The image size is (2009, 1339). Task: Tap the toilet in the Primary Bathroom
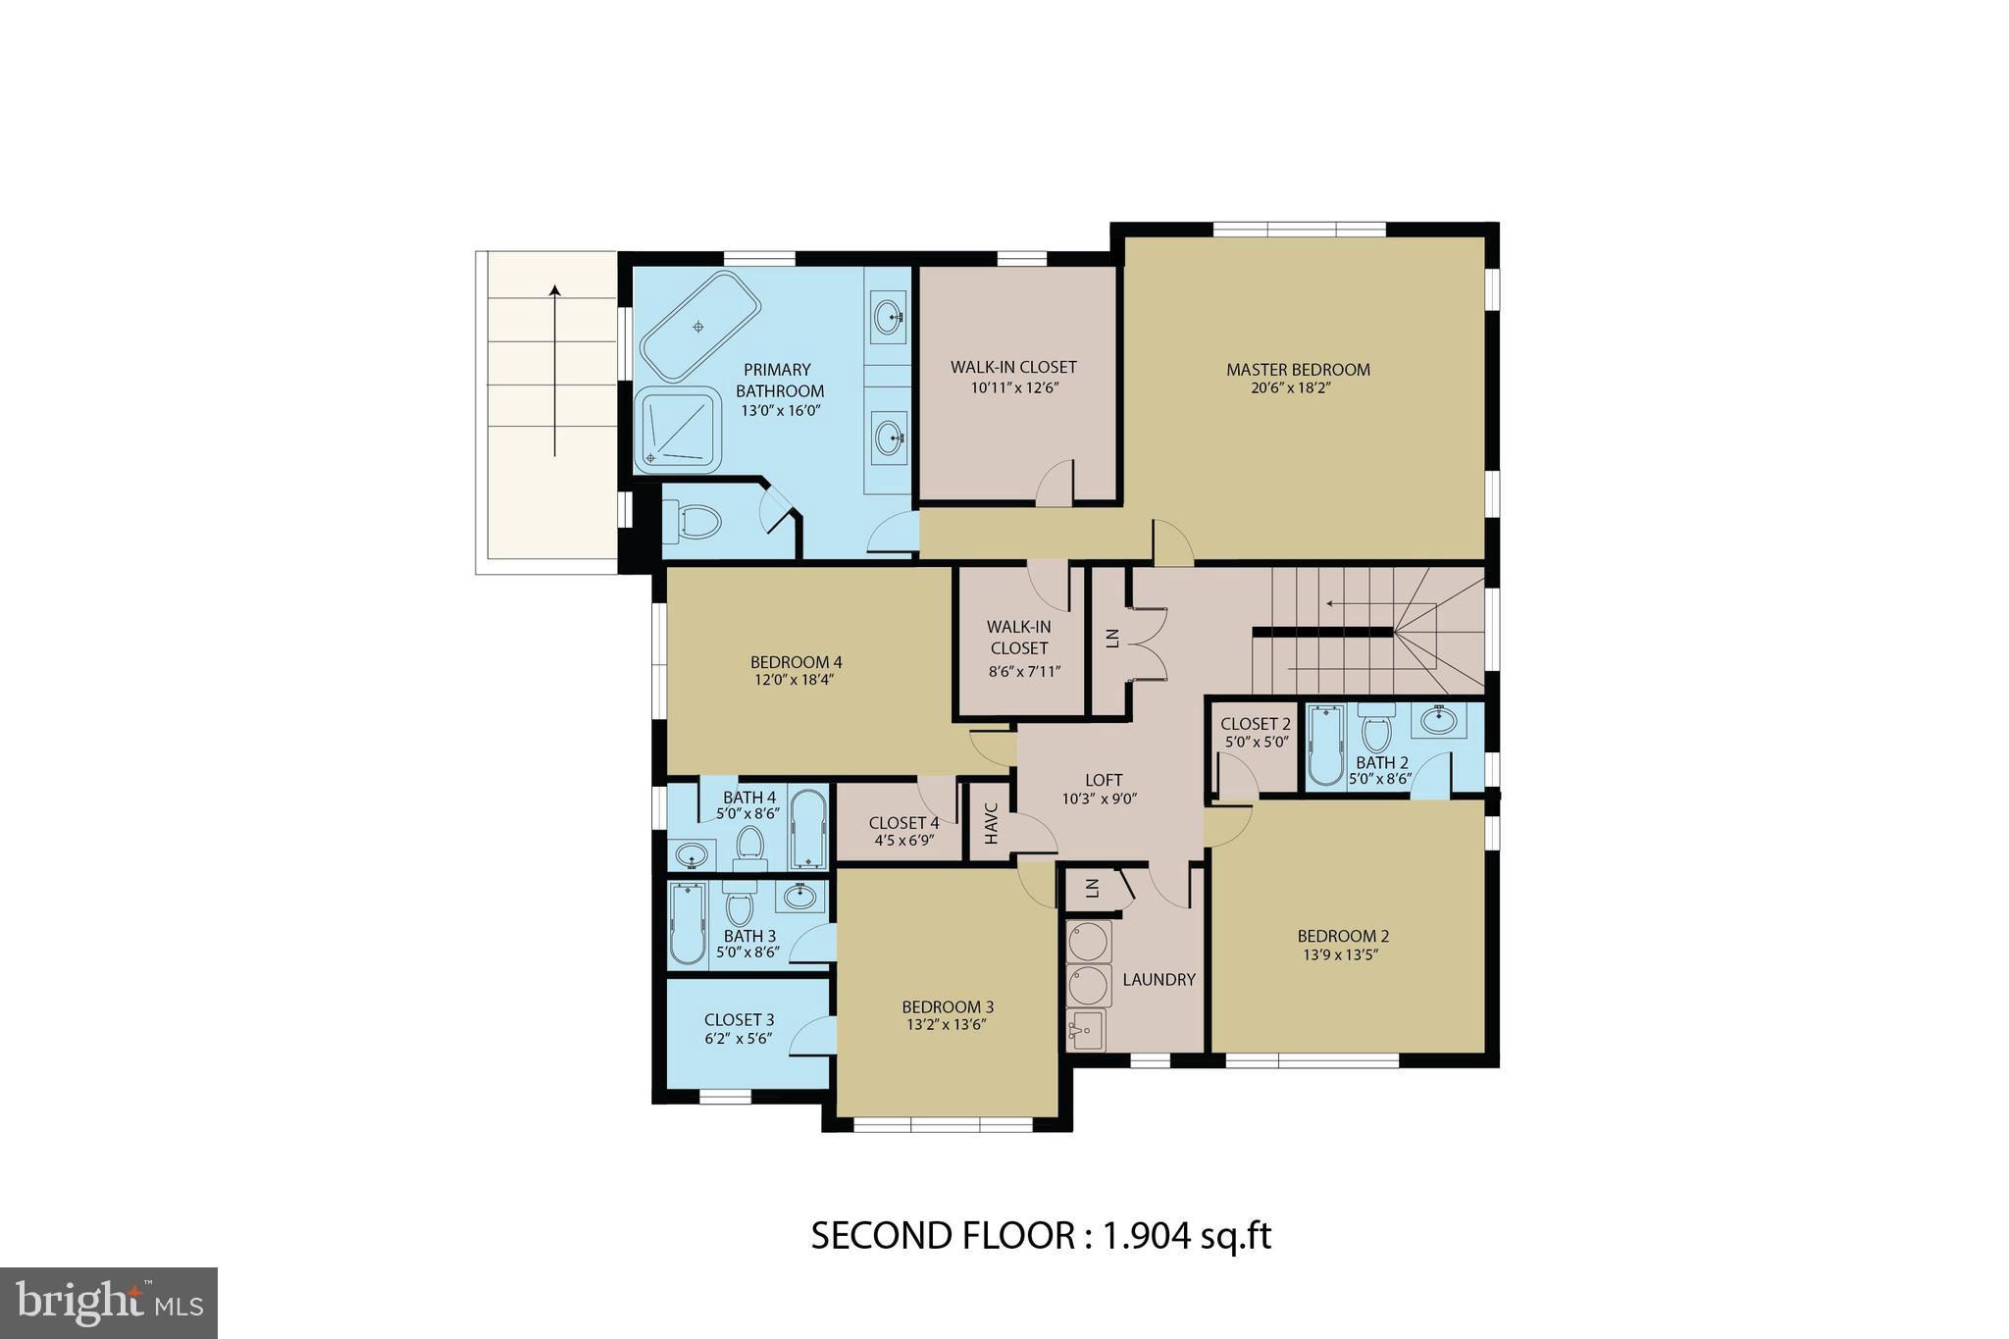[x=693, y=521]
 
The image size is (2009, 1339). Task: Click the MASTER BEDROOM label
[x=1298, y=370]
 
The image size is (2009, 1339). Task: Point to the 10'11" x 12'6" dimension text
[x=1013, y=387]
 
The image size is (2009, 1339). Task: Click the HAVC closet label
[x=991, y=824]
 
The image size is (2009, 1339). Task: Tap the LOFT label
[x=1104, y=780]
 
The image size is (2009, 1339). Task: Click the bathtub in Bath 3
[x=688, y=923]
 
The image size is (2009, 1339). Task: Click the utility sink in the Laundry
[x=1087, y=1030]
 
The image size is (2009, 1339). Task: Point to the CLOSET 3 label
[x=739, y=1020]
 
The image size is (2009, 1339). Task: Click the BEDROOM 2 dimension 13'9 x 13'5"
[x=1343, y=955]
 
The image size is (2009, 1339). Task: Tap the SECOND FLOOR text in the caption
[x=944, y=1236]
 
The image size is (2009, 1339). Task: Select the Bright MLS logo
[x=109, y=1303]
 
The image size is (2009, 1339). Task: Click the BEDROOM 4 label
[x=796, y=662]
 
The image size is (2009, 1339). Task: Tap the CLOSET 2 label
[x=1256, y=725]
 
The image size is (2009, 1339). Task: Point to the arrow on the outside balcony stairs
[x=554, y=371]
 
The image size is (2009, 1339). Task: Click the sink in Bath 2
[x=1439, y=721]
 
